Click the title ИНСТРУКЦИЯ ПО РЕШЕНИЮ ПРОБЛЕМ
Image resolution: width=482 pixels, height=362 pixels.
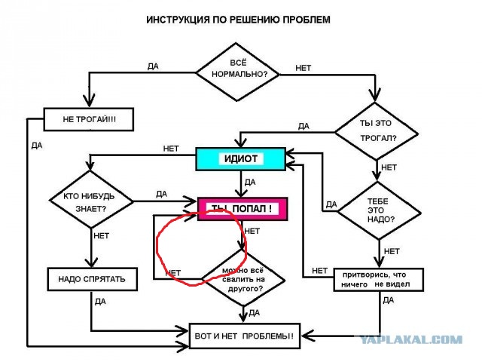[x=238, y=20]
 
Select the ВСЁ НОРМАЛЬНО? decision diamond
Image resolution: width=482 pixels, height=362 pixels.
[x=237, y=72]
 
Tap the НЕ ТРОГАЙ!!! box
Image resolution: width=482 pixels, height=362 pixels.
[x=89, y=119]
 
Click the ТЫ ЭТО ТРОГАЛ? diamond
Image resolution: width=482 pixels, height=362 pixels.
[x=376, y=131]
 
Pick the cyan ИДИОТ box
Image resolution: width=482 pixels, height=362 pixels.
[x=241, y=159]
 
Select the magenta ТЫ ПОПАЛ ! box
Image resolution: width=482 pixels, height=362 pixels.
[x=243, y=209]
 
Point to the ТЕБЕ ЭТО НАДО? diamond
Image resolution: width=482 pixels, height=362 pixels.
[x=379, y=211]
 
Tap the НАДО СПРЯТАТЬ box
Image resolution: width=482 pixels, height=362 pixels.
[x=92, y=279]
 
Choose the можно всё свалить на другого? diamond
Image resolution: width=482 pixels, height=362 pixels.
[x=243, y=279]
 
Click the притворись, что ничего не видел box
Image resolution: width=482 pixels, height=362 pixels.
[x=379, y=280]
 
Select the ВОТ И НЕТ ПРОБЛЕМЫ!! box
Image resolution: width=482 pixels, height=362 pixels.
[x=244, y=336]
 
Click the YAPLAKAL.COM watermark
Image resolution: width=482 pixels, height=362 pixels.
[x=411, y=340]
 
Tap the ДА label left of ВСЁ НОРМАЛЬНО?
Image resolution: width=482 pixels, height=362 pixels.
[x=153, y=66]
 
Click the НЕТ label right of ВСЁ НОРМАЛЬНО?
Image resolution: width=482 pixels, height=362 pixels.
[x=303, y=68]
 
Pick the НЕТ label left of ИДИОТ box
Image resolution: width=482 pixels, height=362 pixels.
[x=171, y=149]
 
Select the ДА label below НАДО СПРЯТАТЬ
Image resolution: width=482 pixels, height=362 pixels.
[x=100, y=302]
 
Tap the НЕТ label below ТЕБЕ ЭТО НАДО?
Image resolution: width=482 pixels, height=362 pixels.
[x=392, y=251]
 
